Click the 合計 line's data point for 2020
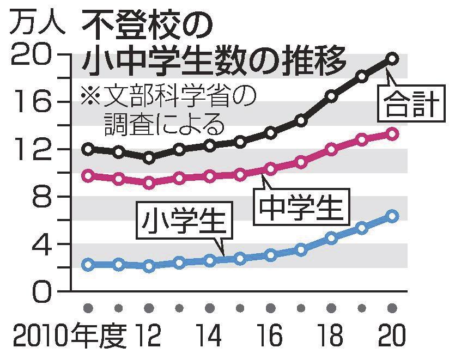[x=392, y=58]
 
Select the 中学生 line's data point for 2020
[x=392, y=133]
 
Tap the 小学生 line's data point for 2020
[x=392, y=216]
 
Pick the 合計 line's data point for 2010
[x=88, y=149]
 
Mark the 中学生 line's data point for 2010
[x=88, y=175]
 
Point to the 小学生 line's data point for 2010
[x=88, y=265]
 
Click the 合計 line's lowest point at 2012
[x=149, y=158]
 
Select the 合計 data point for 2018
[x=331, y=96]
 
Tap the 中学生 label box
[x=300, y=206]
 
